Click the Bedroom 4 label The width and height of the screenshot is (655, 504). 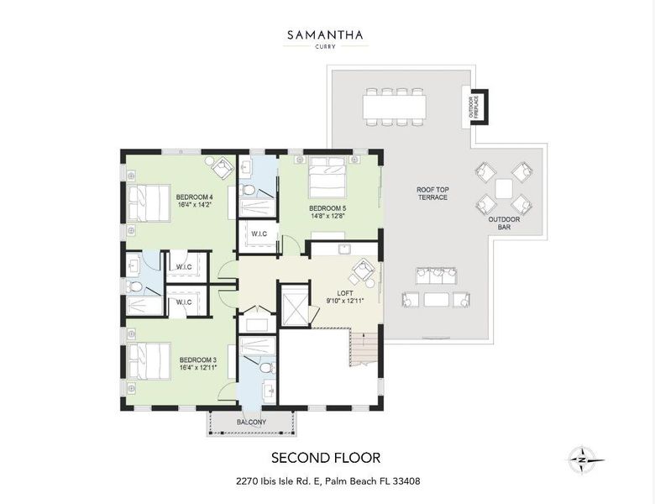(x=195, y=197)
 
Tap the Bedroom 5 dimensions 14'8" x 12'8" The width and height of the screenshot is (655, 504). (x=327, y=216)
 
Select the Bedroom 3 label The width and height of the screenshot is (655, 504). (x=198, y=360)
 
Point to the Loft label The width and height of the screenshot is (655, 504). (x=345, y=293)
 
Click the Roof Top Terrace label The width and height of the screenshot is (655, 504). (x=432, y=193)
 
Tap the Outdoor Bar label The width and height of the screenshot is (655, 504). (x=504, y=223)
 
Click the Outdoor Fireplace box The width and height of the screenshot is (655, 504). (x=474, y=107)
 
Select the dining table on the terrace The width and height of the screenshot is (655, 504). (x=395, y=107)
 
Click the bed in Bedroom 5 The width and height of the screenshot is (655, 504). (x=327, y=177)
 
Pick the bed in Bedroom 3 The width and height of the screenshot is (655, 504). (x=149, y=361)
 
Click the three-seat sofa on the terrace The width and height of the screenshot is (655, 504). (x=436, y=276)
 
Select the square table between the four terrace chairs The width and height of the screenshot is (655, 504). (x=504, y=188)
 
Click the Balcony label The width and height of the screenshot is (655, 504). (x=251, y=422)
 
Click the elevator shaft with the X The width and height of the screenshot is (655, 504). (x=295, y=304)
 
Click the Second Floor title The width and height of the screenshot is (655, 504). (x=326, y=458)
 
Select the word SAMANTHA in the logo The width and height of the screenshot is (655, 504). (x=325, y=35)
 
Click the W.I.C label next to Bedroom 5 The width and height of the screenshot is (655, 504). (x=259, y=234)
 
